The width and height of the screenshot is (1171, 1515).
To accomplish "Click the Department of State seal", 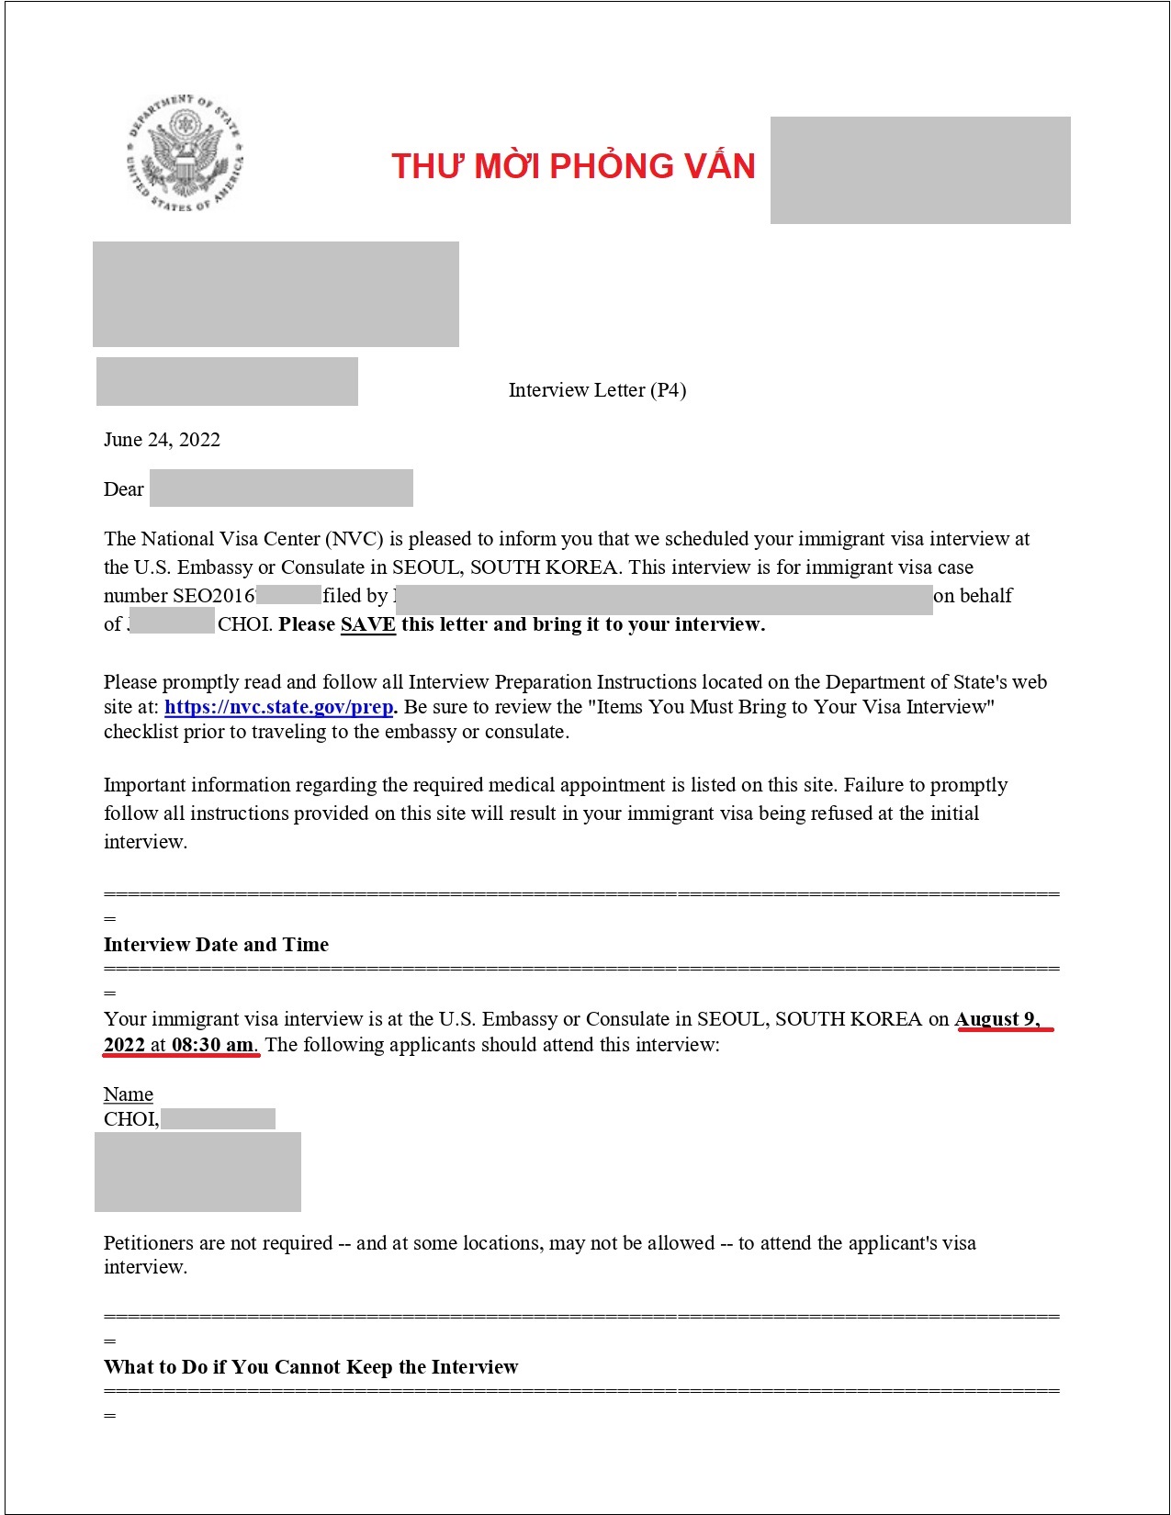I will [185, 153].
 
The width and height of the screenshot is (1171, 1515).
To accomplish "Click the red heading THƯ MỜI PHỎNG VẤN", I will [573, 166].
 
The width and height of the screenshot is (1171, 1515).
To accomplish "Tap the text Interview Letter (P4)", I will [597, 390].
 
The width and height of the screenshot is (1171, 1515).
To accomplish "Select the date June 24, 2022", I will [162, 440].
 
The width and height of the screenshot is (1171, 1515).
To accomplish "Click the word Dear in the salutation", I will [123, 489].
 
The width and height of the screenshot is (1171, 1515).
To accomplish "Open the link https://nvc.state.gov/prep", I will [278, 707].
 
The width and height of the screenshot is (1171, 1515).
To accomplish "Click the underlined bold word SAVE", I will [367, 624].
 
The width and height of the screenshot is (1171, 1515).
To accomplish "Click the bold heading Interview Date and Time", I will [216, 945].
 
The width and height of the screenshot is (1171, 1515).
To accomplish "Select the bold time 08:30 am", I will [212, 1045].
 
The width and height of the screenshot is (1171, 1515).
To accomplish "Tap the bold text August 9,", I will [996, 1019].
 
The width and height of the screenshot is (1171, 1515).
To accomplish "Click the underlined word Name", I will [128, 1094].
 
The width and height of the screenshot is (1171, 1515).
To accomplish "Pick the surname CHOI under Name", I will [130, 1119].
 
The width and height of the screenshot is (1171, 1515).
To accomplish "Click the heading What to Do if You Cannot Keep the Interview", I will [310, 1367].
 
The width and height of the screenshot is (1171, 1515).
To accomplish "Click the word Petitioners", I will [148, 1243].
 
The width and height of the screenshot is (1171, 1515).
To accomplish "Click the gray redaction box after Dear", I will [281, 488].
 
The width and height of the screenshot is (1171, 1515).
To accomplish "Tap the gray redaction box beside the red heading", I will [919, 170].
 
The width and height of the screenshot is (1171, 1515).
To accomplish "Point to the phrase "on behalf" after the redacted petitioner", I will [973, 596].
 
